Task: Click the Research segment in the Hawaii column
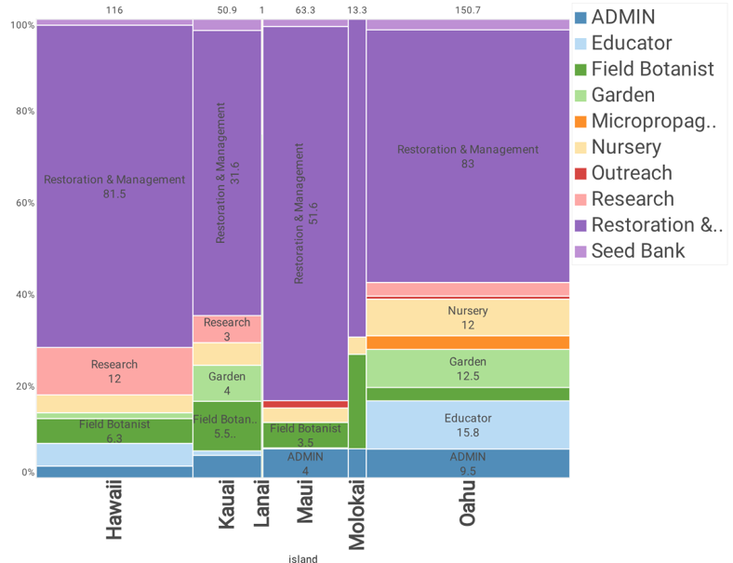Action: pos(114,370)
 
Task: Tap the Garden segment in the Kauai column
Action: pos(227,382)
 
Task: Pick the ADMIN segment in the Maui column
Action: pos(304,462)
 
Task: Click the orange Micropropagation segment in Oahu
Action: pos(467,342)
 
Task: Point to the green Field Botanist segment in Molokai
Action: pos(356,401)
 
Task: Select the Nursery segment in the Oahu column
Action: pos(467,317)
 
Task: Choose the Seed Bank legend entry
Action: pos(637,250)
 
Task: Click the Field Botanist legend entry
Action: pos(651,69)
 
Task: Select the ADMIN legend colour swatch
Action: pos(580,17)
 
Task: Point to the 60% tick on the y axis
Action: pos(22,203)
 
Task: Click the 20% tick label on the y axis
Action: pos(22,386)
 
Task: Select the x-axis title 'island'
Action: pos(303,559)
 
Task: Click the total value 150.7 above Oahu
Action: pos(467,10)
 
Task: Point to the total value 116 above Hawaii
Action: pos(114,10)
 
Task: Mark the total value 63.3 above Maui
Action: pos(304,10)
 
